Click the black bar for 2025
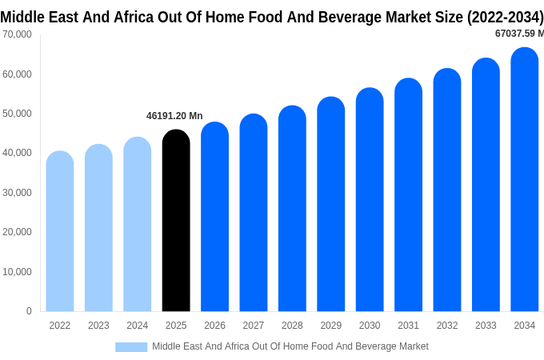[x=176, y=221]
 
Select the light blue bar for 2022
[x=60, y=231]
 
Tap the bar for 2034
[x=525, y=180]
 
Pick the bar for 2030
[x=370, y=200]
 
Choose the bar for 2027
[x=254, y=213]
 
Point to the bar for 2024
[x=138, y=225]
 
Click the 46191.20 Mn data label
[x=174, y=116]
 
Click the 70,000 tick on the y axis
[x=17, y=34]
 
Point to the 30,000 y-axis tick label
[x=17, y=193]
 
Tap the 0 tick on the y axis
[x=29, y=311]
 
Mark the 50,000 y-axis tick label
[x=17, y=114]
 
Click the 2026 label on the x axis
[x=214, y=326]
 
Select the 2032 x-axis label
[x=447, y=326]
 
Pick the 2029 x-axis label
[x=331, y=326]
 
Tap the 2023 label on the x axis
[x=98, y=326]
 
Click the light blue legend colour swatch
[x=131, y=347]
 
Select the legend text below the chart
[x=290, y=346]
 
